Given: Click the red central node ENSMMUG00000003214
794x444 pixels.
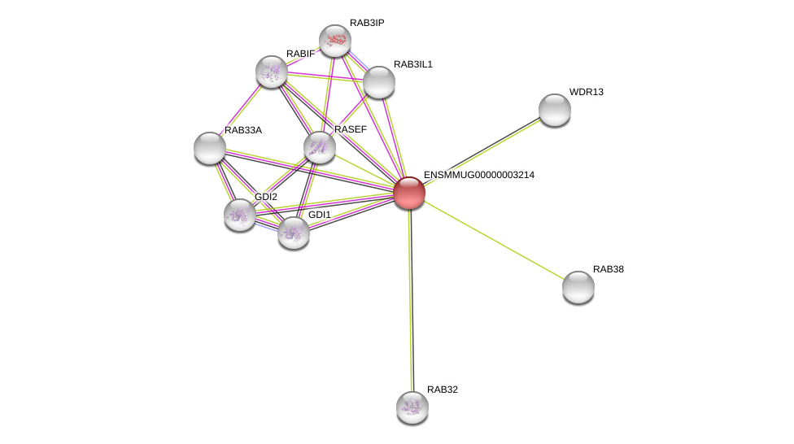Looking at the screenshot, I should (x=409, y=193).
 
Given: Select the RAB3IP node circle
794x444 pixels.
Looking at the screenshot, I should (x=334, y=41).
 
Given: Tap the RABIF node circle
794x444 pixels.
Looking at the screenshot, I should (x=272, y=72).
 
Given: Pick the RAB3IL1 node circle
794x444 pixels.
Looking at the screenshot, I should (x=379, y=82).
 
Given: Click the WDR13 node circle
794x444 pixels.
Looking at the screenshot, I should (x=555, y=110).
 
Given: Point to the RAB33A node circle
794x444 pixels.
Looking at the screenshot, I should (x=210, y=148).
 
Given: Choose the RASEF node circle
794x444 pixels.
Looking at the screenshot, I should (x=320, y=147).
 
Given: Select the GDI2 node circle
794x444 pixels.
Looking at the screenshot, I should (x=240, y=215).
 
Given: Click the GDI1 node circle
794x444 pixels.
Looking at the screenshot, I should (x=294, y=233).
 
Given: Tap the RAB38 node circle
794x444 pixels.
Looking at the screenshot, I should (x=578, y=287).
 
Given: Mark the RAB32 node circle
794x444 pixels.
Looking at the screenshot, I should (x=412, y=407).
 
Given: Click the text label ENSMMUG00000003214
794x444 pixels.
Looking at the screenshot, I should (x=478, y=175).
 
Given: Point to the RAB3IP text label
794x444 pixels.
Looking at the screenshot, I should (x=367, y=23).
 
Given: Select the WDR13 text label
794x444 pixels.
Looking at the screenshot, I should (x=586, y=92).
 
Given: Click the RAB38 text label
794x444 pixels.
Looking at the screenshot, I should (x=608, y=269).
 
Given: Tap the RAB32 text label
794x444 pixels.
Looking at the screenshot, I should (x=443, y=390).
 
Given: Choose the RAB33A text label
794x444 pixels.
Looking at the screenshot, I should (x=243, y=130).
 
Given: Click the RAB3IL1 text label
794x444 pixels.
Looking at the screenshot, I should (x=413, y=64).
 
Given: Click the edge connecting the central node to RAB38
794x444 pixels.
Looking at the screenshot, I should (x=494, y=240).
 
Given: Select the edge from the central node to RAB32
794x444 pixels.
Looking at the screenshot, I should (x=411, y=301).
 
